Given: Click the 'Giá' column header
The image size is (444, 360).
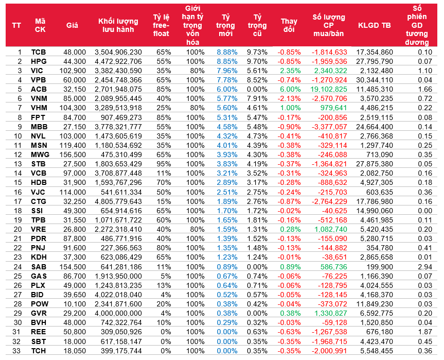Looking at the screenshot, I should [x=72, y=25].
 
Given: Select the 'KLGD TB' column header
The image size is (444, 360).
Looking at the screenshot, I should [x=374, y=25].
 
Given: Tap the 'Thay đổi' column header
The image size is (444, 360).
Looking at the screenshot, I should [x=289, y=25].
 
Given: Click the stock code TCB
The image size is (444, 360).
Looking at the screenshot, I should [x=39, y=52].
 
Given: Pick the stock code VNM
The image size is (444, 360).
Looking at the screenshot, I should [x=39, y=98].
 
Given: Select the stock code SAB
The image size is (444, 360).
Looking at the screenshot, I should [x=39, y=267].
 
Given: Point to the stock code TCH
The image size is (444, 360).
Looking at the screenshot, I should [x=39, y=351].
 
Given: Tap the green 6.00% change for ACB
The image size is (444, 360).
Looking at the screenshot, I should [x=290, y=89].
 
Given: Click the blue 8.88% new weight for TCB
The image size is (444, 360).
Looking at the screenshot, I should [x=226, y=52].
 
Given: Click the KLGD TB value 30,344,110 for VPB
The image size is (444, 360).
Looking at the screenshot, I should [x=375, y=79].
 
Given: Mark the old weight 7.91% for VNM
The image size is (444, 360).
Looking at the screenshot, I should [x=257, y=98].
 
